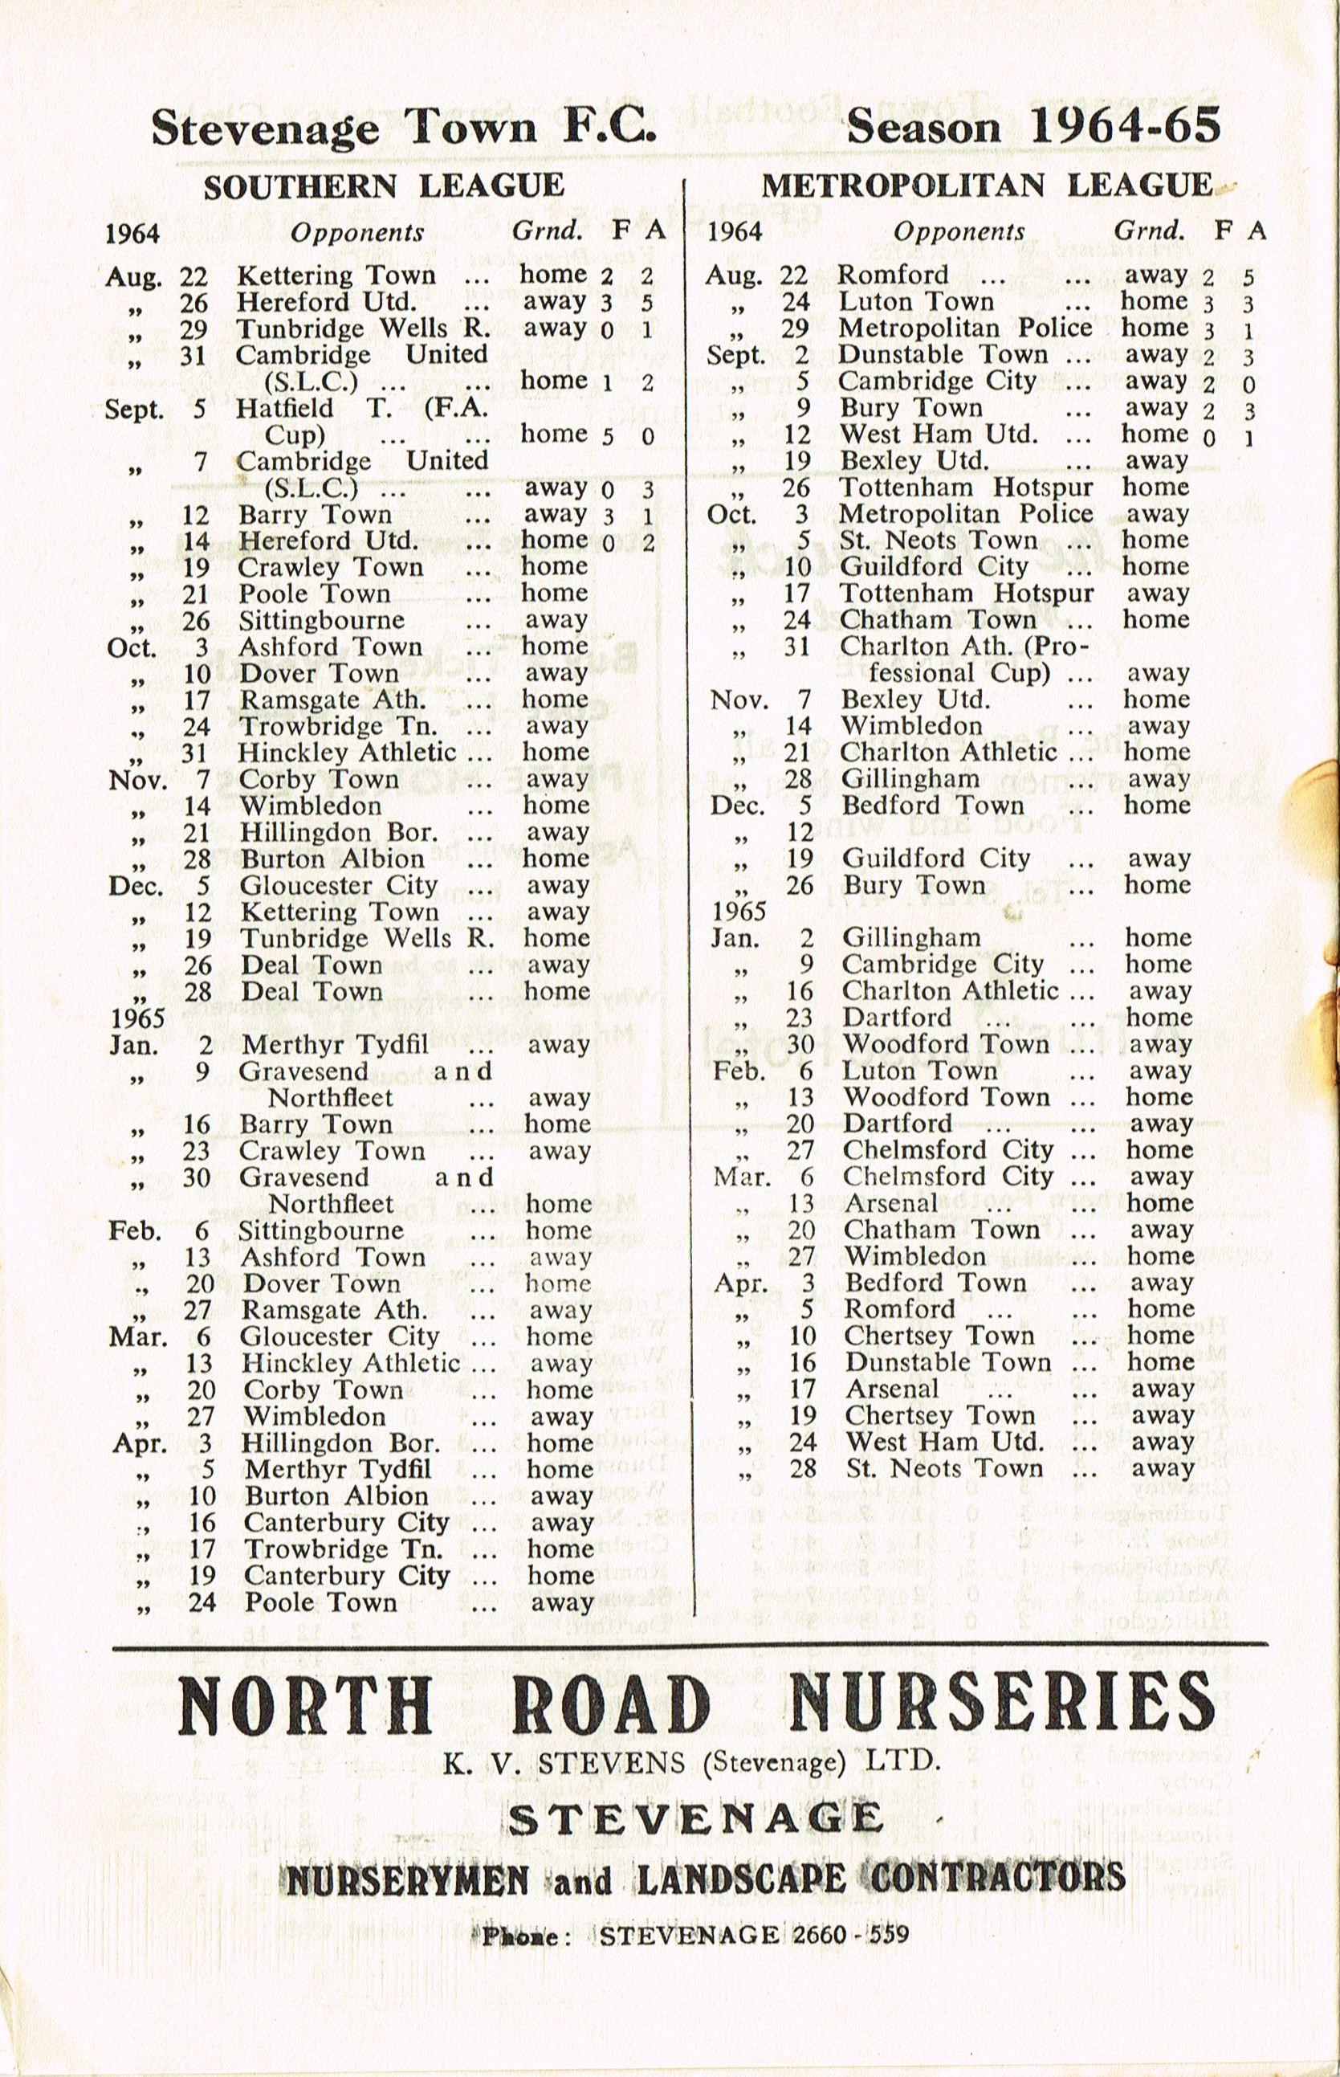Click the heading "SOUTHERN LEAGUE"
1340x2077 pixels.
384,186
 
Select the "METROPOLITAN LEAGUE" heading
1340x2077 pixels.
987,185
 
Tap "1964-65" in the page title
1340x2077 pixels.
1125,127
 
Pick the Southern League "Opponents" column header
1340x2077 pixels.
356,232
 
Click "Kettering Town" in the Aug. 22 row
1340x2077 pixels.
336,276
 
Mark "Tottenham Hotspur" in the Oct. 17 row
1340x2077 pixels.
967,594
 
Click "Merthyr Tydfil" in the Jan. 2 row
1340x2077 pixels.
335,1044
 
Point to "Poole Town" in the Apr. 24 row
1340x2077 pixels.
320,1602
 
